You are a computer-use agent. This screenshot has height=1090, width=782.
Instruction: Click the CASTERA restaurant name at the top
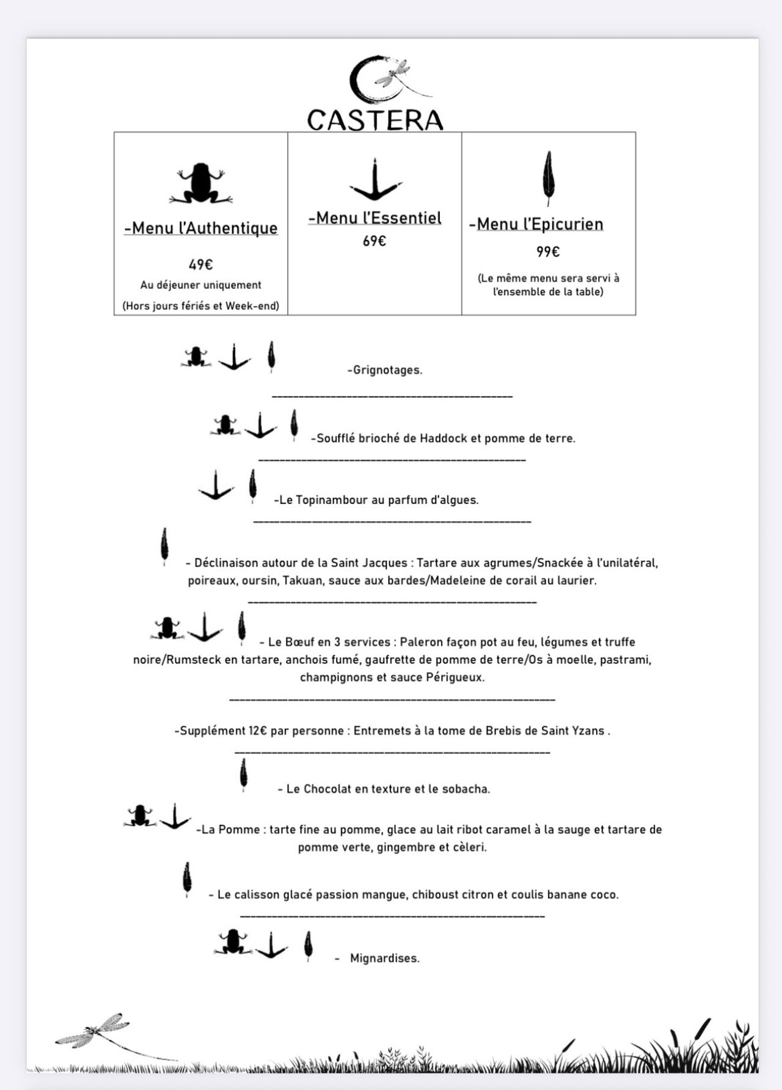pyautogui.click(x=375, y=120)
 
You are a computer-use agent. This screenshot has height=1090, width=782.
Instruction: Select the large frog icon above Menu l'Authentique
pyautogui.click(x=201, y=183)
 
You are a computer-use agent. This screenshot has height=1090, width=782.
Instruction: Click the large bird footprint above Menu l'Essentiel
pyautogui.click(x=375, y=181)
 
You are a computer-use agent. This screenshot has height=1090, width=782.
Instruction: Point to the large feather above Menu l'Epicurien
pyautogui.click(x=549, y=178)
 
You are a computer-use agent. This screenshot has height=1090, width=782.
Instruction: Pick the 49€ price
pyautogui.click(x=200, y=265)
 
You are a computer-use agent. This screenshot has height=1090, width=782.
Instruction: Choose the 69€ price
pyautogui.click(x=375, y=241)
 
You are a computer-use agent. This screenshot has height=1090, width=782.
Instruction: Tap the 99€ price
pyautogui.click(x=549, y=252)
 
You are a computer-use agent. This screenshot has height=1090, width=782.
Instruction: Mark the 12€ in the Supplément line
pyautogui.click(x=257, y=731)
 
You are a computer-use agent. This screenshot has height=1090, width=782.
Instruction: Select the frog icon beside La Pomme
pyautogui.click(x=140, y=816)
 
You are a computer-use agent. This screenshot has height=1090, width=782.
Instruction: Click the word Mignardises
pyautogui.click(x=384, y=958)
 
